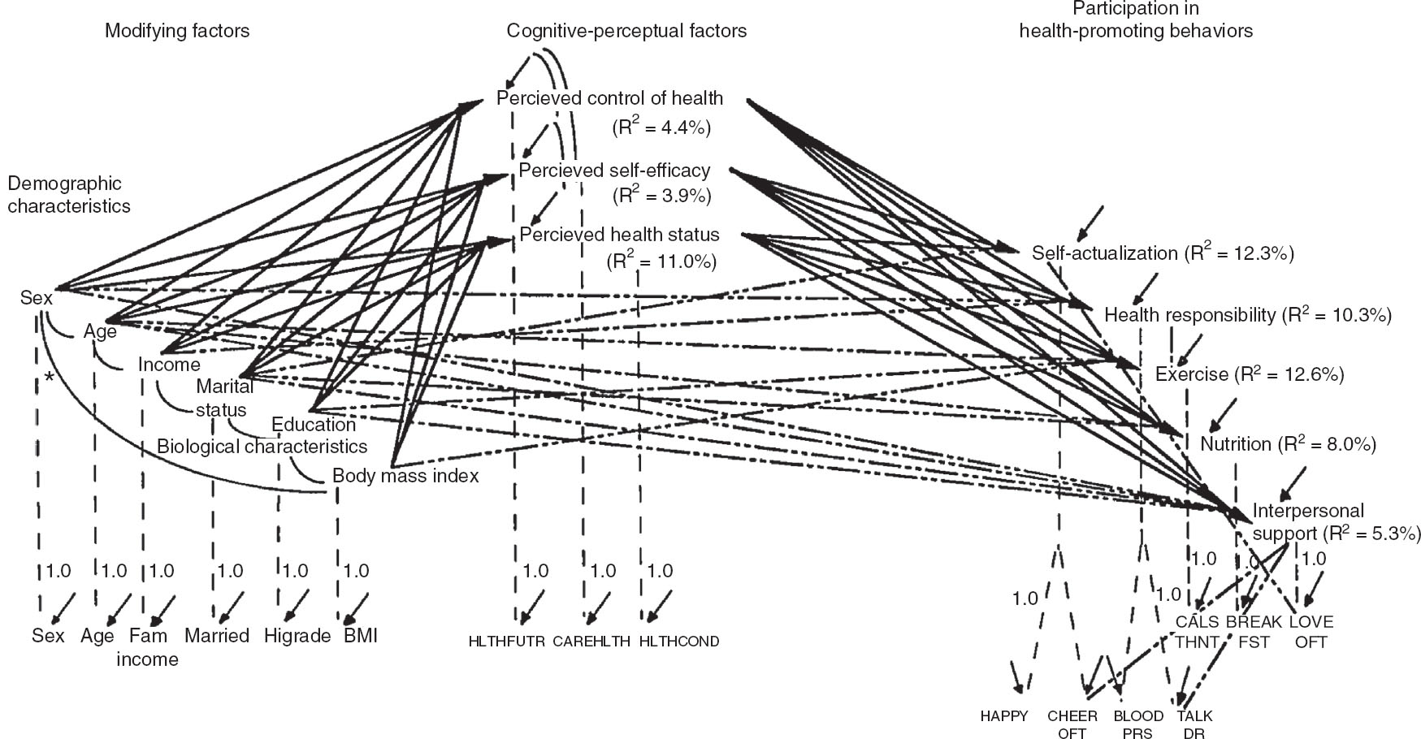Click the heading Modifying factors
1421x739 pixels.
(x=177, y=32)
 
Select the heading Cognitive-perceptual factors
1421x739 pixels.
(x=626, y=32)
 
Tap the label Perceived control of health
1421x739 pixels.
(x=609, y=98)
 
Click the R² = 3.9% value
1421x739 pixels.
(x=661, y=196)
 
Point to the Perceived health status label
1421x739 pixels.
(x=619, y=235)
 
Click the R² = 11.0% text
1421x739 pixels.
(x=661, y=261)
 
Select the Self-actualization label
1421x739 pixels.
(x=1104, y=253)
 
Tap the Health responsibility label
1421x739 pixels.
(x=1189, y=315)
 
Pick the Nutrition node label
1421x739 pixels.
(x=1235, y=444)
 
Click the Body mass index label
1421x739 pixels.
(x=405, y=476)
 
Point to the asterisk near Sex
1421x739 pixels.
(x=50, y=378)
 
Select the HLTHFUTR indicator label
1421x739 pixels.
(x=506, y=642)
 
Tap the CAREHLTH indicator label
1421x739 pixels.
(x=591, y=642)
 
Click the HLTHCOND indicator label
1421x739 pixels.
(x=678, y=642)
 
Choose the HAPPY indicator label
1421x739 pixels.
(x=1003, y=716)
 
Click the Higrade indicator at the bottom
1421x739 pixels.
(x=297, y=636)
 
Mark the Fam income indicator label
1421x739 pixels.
(x=147, y=647)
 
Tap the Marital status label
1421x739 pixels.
(x=223, y=398)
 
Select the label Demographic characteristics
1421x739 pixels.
(x=69, y=195)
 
